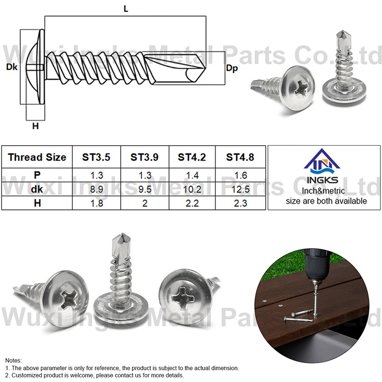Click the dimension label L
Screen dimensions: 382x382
125,8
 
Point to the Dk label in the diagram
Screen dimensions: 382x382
10,67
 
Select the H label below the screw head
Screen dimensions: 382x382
35,126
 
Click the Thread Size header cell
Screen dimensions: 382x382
37,157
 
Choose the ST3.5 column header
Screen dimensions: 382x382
96,157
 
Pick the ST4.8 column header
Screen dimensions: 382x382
240,157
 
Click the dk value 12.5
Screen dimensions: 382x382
240,188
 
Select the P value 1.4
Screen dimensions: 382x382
192,175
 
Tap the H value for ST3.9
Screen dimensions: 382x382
144,202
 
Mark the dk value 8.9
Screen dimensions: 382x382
96,188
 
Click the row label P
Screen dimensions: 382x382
37,175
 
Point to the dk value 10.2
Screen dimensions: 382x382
192,188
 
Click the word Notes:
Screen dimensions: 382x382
14,360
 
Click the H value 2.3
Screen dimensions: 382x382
240,202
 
